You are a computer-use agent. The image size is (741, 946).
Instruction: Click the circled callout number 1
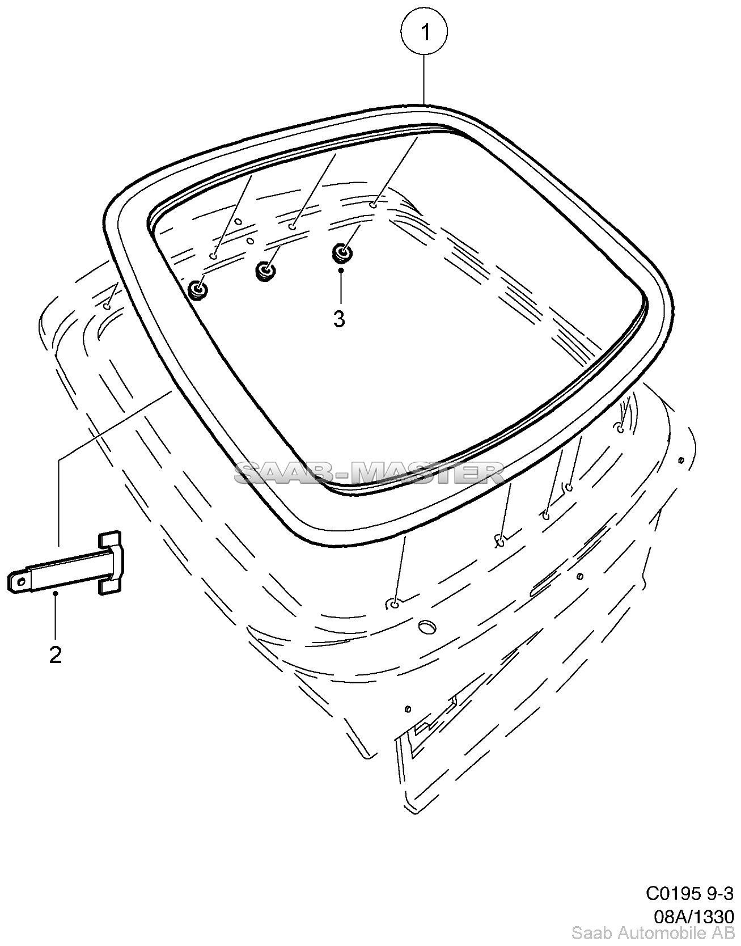pos(424,33)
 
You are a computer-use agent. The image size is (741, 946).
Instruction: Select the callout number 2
pos(56,655)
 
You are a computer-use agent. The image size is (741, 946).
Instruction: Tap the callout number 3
pos(339,319)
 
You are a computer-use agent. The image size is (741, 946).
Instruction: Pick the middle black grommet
pos(265,271)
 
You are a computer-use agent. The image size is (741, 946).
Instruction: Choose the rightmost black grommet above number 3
pos(341,253)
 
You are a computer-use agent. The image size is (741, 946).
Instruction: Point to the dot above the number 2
pos(56,593)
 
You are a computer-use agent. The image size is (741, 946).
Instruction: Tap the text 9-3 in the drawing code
pos(720,893)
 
